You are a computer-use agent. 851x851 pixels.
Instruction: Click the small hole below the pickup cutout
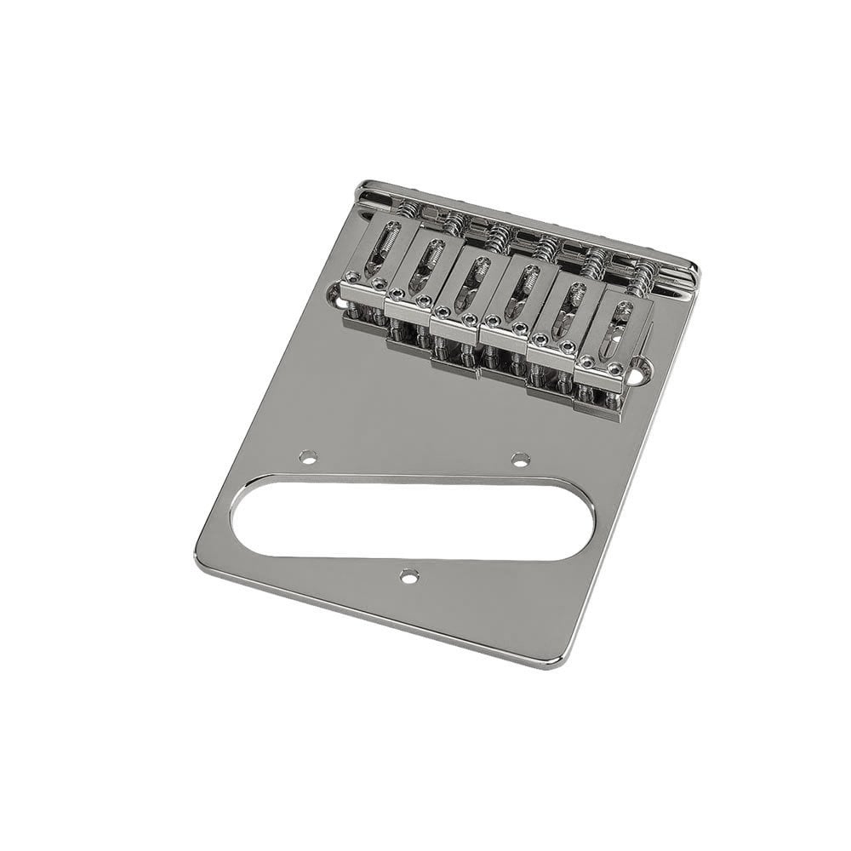click(410, 576)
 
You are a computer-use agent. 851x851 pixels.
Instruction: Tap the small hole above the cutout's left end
click(308, 458)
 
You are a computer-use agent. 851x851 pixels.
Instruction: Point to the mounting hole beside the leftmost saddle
click(334, 298)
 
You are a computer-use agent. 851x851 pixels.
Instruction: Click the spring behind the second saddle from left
click(456, 222)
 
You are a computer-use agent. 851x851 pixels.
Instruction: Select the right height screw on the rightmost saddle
click(615, 368)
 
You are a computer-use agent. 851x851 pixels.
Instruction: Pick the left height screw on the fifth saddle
click(540, 340)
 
